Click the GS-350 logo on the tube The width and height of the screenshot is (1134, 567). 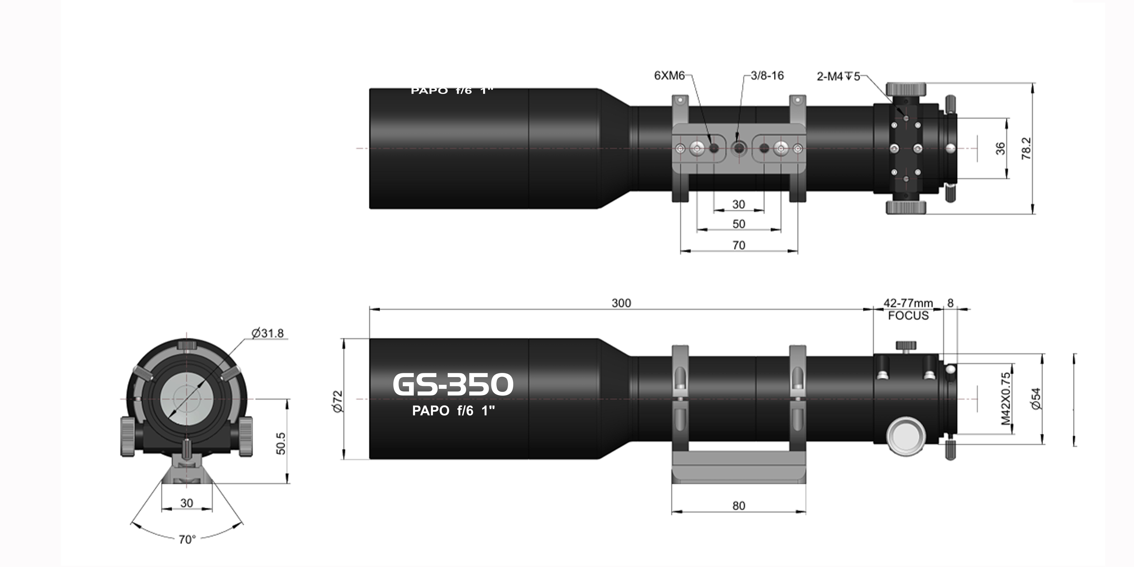pos(452,384)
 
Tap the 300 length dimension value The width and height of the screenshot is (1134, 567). pos(621,303)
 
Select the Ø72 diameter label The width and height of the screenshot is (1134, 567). pos(338,401)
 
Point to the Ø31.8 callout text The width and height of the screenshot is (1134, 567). pos(268,333)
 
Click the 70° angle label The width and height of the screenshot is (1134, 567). pos(187,539)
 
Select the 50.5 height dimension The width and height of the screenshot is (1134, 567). pos(281,443)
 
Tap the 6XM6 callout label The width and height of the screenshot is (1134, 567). pos(669,76)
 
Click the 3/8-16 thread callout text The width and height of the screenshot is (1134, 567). pos(767,76)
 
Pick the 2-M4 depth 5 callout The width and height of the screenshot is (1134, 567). pos(838,76)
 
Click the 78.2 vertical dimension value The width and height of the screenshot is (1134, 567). pos(1026,148)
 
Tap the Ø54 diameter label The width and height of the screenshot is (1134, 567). pos(1036,398)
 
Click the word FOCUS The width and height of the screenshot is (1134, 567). pos(908,316)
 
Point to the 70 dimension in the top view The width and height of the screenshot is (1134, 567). pos(739,245)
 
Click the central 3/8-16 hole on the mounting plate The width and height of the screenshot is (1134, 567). pos(738,148)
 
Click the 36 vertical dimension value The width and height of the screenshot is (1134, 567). pos(1000,148)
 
